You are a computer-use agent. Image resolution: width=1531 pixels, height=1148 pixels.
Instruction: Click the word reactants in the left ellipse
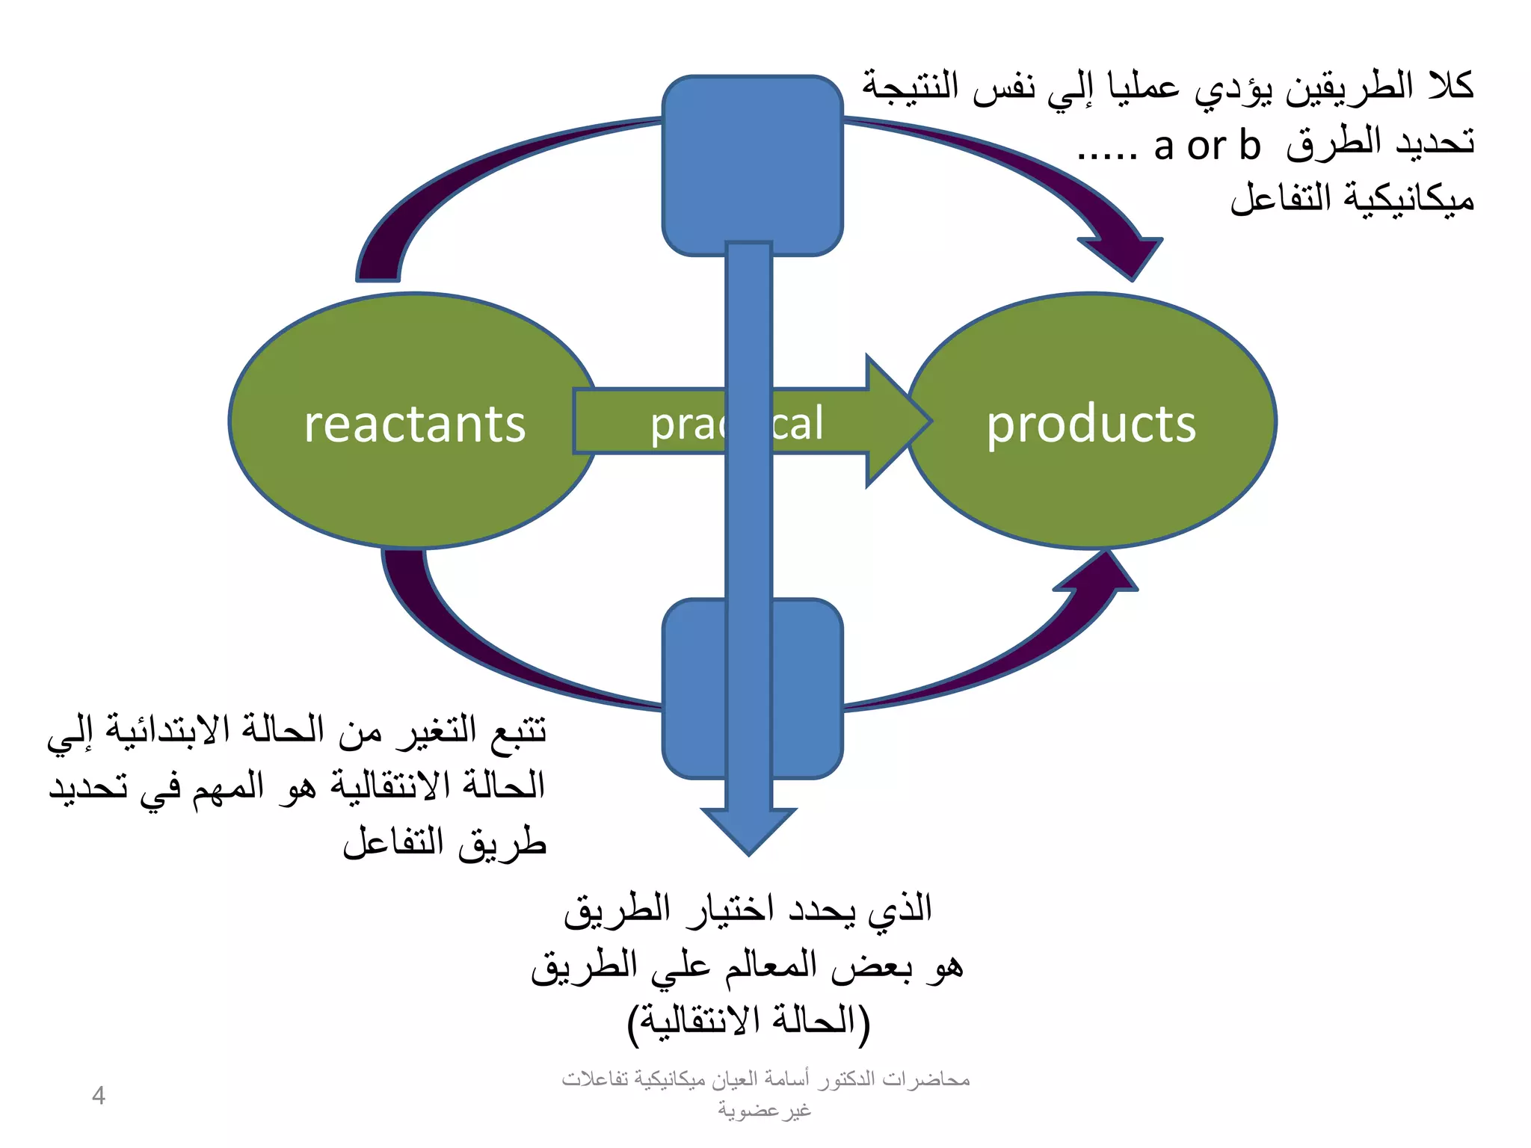415,425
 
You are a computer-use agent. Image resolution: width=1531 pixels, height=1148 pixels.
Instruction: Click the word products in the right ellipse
1091,425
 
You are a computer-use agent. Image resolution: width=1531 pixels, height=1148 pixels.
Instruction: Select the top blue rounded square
752,165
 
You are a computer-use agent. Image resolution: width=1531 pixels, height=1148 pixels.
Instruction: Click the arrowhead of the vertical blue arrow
748,830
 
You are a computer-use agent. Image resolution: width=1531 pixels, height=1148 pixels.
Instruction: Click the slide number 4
98,1096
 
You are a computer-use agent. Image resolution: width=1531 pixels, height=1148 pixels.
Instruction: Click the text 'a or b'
1207,146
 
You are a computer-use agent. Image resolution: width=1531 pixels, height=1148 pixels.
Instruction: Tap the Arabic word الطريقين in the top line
1349,87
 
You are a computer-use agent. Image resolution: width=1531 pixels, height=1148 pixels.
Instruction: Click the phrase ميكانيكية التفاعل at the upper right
1352,198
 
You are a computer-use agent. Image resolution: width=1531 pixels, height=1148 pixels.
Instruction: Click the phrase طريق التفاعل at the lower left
445,843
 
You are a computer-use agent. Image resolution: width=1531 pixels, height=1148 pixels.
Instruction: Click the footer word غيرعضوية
764,1110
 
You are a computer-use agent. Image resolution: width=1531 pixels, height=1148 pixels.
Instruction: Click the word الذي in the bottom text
899,910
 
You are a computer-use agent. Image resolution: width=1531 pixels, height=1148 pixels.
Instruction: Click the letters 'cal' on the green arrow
798,423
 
